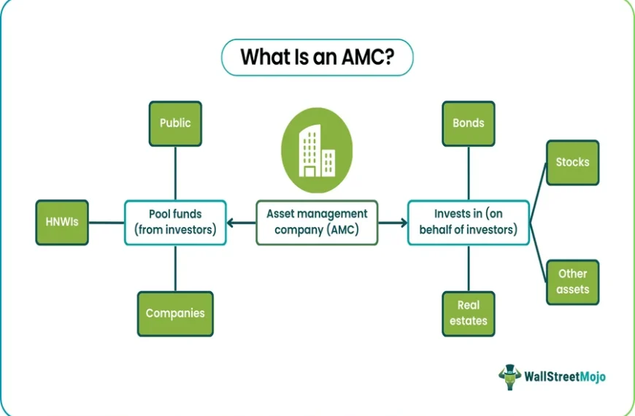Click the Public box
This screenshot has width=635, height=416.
coord(175,123)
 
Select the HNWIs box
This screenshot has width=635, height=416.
coord(62,223)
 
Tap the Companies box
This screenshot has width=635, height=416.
coord(175,314)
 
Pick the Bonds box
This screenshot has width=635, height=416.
coord(469,123)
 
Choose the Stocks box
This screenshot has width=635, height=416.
coord(573,163)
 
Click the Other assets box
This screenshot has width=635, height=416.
coord(573,282)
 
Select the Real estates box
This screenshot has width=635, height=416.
coord(469,314)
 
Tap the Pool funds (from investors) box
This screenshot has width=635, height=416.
coord(175,223)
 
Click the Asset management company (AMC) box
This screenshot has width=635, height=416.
coord(317,223)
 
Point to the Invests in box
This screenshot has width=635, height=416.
coord(469,223)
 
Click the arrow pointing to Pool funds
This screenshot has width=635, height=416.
coord(242,223)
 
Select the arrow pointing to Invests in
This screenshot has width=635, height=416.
coord(393,223)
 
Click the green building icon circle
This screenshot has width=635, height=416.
coord(317,150)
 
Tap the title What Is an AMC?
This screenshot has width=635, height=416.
coord(317,57)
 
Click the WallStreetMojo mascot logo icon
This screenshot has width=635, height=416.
coord(510,377)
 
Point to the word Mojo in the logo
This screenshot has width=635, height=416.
coord(593,377)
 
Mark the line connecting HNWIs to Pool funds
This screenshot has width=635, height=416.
coord(107,223)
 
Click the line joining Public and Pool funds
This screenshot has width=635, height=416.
coord(175,174)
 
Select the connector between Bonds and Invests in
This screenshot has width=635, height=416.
coord(469,174)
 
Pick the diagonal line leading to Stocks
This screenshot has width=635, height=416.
coord(538,193)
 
